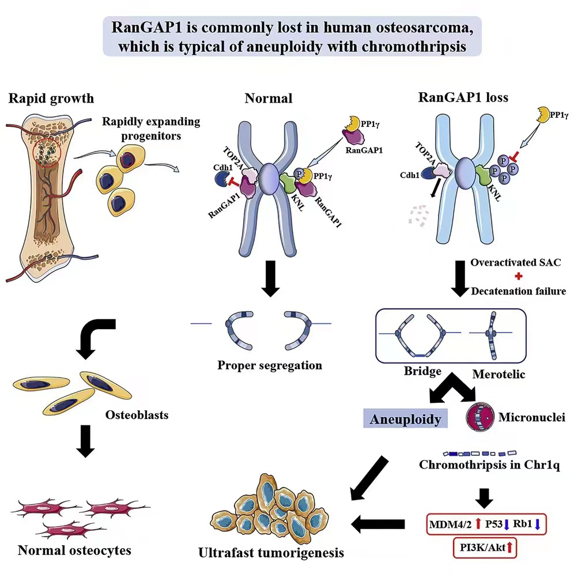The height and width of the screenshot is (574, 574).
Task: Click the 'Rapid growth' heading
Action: click(51, 99)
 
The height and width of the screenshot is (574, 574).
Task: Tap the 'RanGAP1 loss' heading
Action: click(463, 97)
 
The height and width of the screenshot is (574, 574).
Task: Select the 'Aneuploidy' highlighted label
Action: click(405, 419)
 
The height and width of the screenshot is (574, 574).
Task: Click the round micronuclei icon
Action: click(480, 417)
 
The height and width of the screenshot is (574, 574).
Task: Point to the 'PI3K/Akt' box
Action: click(485, 547)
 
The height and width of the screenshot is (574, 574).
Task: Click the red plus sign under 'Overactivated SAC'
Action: click(518, 276)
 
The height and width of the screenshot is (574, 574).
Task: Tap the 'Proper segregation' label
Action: click(270, 365)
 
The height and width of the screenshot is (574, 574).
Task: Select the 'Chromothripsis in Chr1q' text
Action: click(489, 465)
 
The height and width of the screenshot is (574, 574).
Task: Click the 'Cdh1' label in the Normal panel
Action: click(223, 167)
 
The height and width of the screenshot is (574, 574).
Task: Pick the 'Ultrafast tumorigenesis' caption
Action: click(271, 553)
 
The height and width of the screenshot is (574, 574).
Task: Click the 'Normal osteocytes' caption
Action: click(74, 550)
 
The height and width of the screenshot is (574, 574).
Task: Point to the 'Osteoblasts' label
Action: click(137, 415)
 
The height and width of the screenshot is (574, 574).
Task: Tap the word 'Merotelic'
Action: click(499, 374)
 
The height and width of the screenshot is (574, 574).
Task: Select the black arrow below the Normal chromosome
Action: click(270, 278)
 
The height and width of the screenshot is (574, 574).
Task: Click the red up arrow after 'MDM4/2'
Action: click(478, 524)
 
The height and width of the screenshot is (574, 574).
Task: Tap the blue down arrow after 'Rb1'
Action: click(537, 524)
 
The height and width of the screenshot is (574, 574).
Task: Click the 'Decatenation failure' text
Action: click(518, 292)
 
